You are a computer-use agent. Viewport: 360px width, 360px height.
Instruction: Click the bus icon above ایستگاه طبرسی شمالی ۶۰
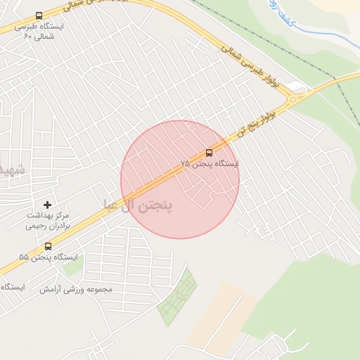tap(38, 15)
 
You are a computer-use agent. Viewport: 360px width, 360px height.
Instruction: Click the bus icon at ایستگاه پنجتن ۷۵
tap(209, 153)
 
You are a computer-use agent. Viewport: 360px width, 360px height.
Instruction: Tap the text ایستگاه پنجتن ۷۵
tap(210, 164)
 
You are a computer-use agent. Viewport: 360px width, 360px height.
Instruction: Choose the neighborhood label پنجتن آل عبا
tap(147, 206)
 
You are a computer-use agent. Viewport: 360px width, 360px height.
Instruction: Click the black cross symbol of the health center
tap(47, 204)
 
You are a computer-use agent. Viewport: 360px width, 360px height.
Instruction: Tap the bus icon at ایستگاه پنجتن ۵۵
tap(48, 246)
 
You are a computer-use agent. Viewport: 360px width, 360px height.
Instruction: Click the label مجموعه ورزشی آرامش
tap(75, 289)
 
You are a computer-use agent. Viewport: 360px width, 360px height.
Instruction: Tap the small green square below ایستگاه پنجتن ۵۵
tap(72, 266)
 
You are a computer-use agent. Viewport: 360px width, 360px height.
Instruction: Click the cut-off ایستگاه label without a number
tap(12, 288)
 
